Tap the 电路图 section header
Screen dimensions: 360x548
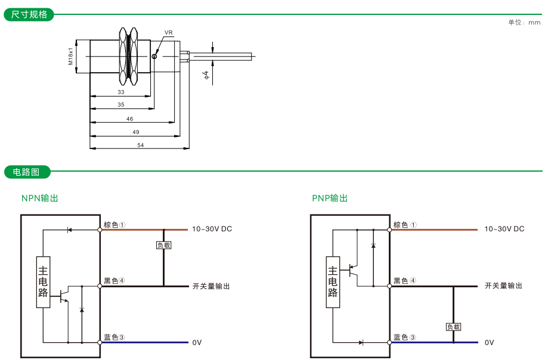point(27,172)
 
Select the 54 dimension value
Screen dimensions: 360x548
point(140,145)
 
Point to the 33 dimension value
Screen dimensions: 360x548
point(121,92)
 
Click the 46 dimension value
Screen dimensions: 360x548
point(130,119)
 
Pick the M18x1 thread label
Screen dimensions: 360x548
point(70,56)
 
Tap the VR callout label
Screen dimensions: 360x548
point(168,32)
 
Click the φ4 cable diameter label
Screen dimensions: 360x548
point(206,75)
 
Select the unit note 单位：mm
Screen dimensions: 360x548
point(524,23)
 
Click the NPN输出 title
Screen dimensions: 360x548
point(40,198)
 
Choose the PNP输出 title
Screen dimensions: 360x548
point(330,198)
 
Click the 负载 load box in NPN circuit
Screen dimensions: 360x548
point(163,245)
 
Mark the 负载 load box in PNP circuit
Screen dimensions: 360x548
point(453,327)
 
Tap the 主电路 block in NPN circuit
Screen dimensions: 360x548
point(43,282)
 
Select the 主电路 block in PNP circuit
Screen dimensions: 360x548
point(333,282)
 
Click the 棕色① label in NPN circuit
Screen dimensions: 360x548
point(114,225)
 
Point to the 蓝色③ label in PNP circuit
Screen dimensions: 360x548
point(404,337)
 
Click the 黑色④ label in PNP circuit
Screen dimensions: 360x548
point(404,281)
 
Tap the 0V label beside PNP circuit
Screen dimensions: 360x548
point(490,343)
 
